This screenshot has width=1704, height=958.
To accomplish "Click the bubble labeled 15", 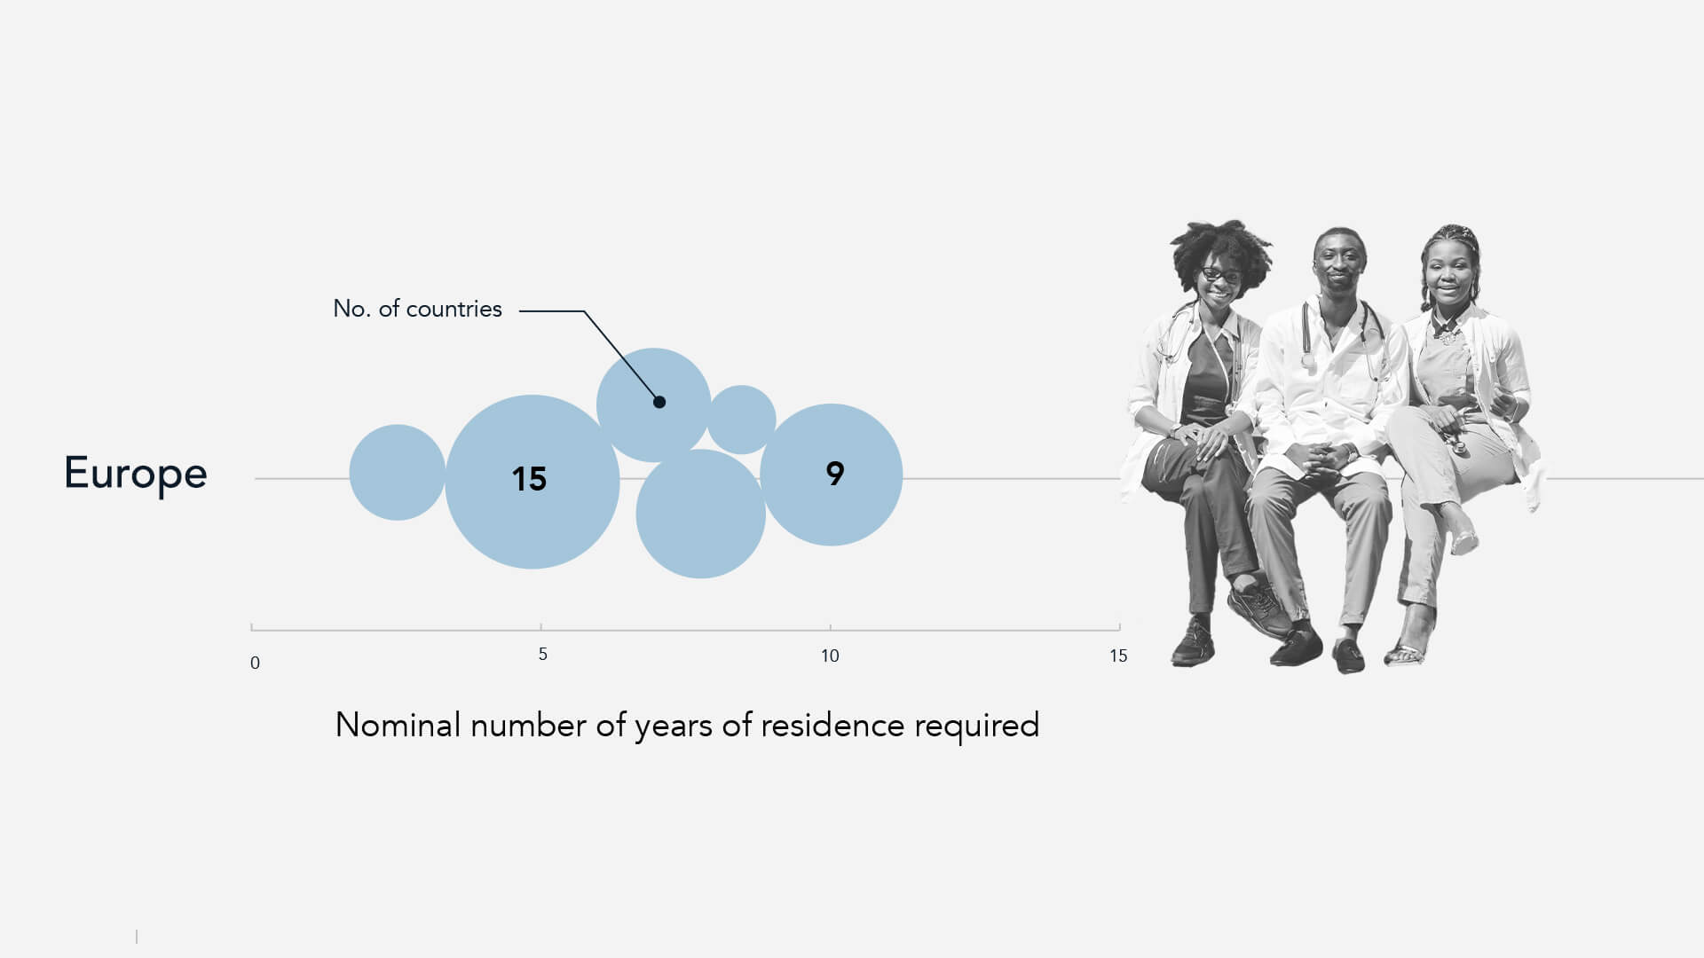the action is pyautogui.click(x=532, y=482).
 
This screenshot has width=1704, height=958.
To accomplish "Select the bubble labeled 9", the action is pyautogui.click(x=832, y=475).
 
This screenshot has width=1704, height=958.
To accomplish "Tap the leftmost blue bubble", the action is pyautogui.click(x=398, y=472).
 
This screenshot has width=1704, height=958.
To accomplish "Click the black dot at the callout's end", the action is pyautogui.click(x=659, y=402).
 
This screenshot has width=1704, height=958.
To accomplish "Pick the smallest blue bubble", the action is pyautogui.click(x=741, y=420).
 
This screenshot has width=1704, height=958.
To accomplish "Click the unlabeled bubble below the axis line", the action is pyautogui.click(x=700, y=514).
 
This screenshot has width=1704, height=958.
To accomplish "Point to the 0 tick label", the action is pyautogui.click(x=255, y=664).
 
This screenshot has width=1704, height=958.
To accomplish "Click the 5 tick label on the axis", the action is pyautogui.click(x=542, y=655).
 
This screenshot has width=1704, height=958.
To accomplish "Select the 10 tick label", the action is pyautogui.click(x=830, y=656).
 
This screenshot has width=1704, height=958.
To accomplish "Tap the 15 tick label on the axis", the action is pyautogui.click(x=1118, y=656).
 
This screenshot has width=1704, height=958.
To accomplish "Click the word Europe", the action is pyautogui.click(x=136, y=474).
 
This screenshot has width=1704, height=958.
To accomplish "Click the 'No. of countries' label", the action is pyautogui.click(x=417, y=309).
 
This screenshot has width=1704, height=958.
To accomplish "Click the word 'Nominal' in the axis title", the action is pyautogui.click(x=398, y=725).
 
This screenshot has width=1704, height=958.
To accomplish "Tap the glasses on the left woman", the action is pyautogui.click(x=1221, y=274).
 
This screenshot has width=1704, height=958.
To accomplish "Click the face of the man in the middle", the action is pyautogui.click(x=1338, y=262).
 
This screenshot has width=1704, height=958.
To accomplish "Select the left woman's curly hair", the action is pyautogui.click(x=1220, y=248).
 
